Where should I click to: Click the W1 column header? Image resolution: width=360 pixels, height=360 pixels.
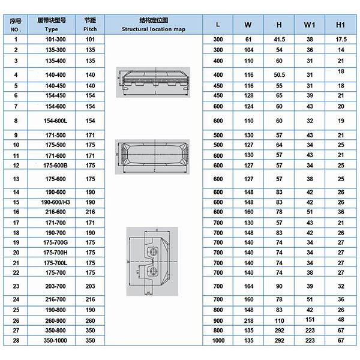coord(310,25)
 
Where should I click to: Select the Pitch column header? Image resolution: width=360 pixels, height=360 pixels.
coord(90,25)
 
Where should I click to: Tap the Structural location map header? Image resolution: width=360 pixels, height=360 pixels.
coord(154,25)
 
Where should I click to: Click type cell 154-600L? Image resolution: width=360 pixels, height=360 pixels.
coord(56,121)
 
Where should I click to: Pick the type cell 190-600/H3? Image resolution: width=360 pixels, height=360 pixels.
coord(56,202)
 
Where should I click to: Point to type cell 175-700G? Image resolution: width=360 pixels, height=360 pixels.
coord(56,242)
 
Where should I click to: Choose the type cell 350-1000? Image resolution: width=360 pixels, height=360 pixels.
coord(55,340)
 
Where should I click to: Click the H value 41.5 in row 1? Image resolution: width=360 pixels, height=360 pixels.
coord(279,40)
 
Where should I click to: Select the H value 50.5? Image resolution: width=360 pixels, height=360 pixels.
coord(279,75)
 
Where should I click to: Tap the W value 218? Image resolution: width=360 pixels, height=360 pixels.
coord(248,321)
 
